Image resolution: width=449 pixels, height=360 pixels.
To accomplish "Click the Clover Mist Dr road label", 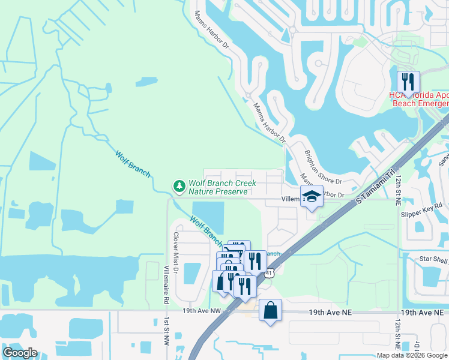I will [x=176, y=252].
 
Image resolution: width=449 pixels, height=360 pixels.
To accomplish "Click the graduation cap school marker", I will [x=312, y=196].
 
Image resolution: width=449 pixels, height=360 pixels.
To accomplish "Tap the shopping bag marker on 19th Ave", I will [x=271, y=310].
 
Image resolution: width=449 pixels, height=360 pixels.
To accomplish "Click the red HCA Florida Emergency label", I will [x=418, y=99].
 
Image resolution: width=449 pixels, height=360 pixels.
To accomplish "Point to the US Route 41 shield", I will [x=270, y=273].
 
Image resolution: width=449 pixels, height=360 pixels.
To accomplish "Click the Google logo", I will [x=20, y=353].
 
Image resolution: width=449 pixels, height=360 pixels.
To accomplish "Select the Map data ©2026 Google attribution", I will [x=411, y=355].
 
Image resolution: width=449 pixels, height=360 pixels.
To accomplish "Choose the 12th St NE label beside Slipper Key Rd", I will [x=397, y=191].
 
